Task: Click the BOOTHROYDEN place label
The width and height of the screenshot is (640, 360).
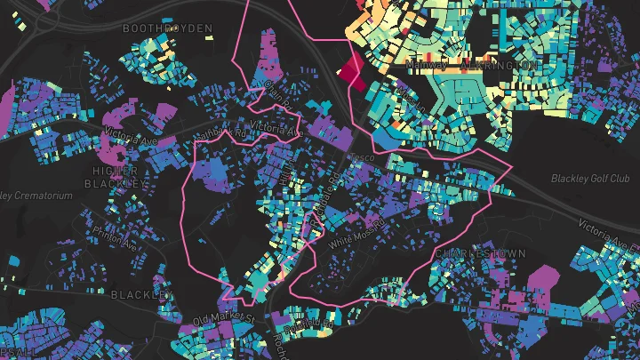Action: [168, 29]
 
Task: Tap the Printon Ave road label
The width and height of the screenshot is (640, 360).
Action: [114, 239]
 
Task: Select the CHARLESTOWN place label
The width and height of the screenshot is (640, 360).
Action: [480, 253]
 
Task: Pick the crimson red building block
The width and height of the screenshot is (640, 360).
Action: [349, 69]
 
